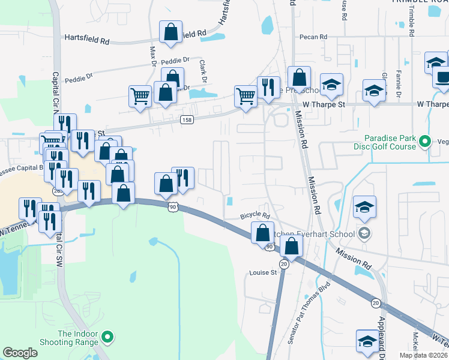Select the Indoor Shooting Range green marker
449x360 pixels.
[108, 338]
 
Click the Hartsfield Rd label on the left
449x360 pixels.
[88, 41]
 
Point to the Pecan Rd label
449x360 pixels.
[315, 37]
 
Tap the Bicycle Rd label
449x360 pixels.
[255, 215]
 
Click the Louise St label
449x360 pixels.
[262, 272]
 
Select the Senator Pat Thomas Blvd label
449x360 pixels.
[309, 313]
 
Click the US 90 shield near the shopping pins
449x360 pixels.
[173, 206]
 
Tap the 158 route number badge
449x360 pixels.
[187, 120]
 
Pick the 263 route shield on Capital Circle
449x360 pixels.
[58, 191]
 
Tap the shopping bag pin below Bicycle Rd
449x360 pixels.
[262, 232]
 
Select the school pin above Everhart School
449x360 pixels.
[364, 206]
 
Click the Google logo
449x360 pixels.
[20, 353]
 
